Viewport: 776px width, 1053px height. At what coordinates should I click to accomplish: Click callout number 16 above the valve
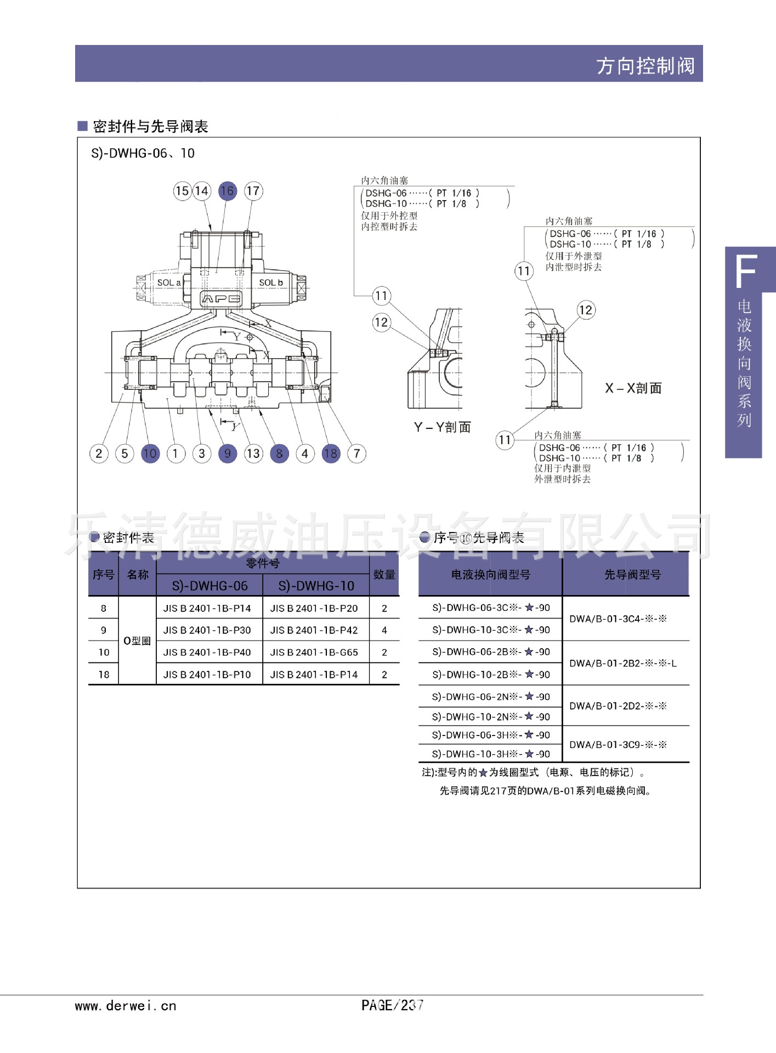pyautogui.click(x=227, y=191)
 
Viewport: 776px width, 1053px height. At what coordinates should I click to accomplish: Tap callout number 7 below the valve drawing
pyautogui.click(x=356, y=454)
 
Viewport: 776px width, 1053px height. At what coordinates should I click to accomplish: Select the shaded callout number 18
pyautogui.click(x=331, y=454)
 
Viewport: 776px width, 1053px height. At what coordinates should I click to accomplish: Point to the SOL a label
pyautogui.click(x=168, y=283)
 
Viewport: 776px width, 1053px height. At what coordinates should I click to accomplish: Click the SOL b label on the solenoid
pyautogui.click(x=271, y=283)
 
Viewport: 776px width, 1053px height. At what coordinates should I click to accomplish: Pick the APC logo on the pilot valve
pyautogui.click(x=221, y=299)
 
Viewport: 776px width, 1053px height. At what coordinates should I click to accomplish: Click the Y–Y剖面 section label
pyautogui.click(x=442, y=427)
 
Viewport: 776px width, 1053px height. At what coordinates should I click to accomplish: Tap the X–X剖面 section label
pyautogui.click(x=633, y=388)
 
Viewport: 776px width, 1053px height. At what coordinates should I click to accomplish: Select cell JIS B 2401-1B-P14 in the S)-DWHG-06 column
pyautogui.click(x=207, y=608)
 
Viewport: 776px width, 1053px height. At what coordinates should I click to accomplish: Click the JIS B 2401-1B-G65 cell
pyautogui.click(x=314, y=653)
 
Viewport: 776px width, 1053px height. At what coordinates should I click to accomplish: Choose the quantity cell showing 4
pyautogui.click(x=384, y=631)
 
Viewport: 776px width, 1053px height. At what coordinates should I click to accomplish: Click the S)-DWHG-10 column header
pyautogui.click(x=316, y=586)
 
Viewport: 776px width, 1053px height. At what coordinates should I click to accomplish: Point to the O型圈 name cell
pyautogui.click(x=137, y=641)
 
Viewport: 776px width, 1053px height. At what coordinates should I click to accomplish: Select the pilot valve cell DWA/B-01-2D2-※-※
pyautogui.click(x=618, y=706)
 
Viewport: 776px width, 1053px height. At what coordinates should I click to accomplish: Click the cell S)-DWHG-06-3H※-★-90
pyautogui.click(x=490, y=735)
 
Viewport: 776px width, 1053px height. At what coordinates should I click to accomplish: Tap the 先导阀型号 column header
pyautogui.click(x=632, y=575)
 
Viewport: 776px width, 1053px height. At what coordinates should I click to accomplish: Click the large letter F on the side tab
pyautogui.click(x=746, y=271)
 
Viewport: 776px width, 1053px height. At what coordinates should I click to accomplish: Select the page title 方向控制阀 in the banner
pyautogui.click(x=645, y=66)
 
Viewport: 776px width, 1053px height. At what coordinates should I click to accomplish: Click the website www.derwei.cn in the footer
pyautogui.click(x=126, y=1006)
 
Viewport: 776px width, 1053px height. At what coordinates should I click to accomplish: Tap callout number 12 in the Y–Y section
pyautogui.click(x=381, y=322)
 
